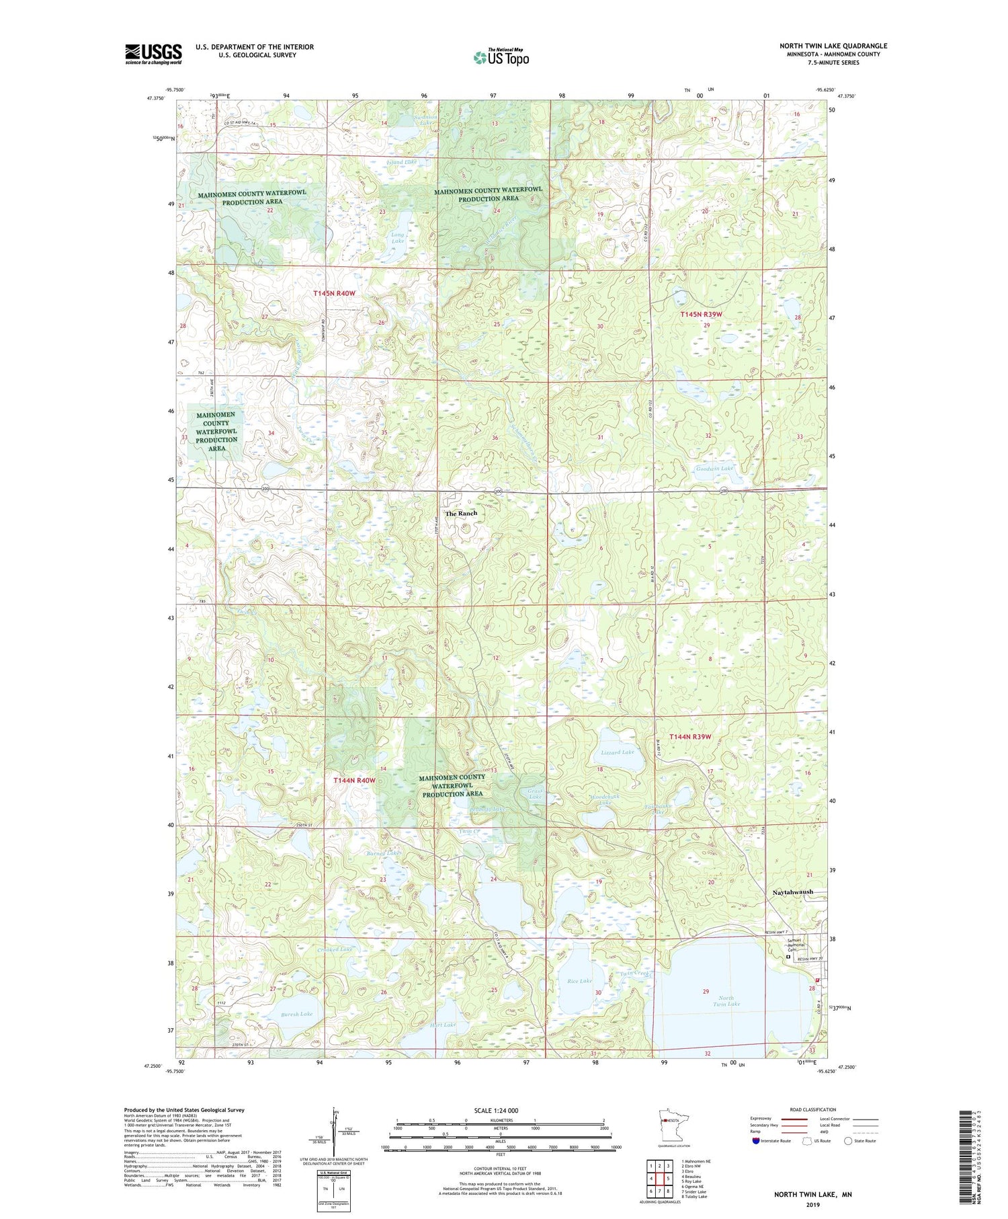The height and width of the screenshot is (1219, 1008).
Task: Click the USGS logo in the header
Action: [x=153, y=54]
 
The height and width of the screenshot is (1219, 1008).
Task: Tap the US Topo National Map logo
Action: [x=501, y=57]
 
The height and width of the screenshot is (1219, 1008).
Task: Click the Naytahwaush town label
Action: [x=790, y=892]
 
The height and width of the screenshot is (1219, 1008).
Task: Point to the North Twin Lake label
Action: [x=726, y=1001]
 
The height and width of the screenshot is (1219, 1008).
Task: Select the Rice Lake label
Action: [x=579, y=981]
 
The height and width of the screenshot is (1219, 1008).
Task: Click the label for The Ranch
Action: [x=461, y=513]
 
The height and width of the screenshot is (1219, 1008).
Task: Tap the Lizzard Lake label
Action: [x=617, y=752]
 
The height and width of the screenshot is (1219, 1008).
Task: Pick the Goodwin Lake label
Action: [x=714, y=468]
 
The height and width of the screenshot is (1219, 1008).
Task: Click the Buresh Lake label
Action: [x=296, y=1014]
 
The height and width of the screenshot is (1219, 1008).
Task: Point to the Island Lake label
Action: [x=402, y=162]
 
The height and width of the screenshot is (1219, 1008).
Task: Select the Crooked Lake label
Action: [x=335, y=949]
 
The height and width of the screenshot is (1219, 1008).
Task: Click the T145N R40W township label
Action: [x=334, y=293]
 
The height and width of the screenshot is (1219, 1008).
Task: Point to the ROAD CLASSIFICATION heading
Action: [x=813, y=1109]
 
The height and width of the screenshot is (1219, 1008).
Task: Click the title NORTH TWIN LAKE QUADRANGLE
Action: [x=833, y=46]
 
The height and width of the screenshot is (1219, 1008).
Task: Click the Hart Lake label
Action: [x=443, y=1025]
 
